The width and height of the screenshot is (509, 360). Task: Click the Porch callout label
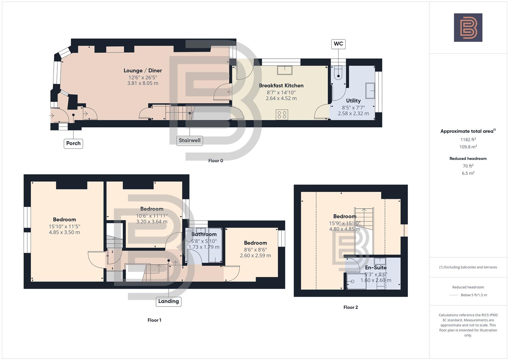tap(73, 143)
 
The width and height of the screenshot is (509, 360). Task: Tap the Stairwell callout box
tap(189, 140)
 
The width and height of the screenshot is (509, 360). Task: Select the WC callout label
tap(338, 44)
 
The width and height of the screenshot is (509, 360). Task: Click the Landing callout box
tap(168, 301)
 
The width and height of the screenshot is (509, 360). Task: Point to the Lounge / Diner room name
tap(143, 71)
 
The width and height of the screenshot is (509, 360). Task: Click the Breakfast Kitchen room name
tap(281, 86)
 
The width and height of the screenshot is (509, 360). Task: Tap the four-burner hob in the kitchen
tap(282, 115)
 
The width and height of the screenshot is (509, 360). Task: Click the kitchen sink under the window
tap(284, 70)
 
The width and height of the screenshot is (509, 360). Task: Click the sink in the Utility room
tap(370, 91)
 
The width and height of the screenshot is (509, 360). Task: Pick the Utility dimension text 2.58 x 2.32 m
tap(353, 114)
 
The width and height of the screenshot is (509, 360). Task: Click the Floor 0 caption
tap(216, 161)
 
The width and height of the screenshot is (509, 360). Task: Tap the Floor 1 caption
tap(154, 320)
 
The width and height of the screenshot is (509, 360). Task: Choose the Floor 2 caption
tap(351, 307)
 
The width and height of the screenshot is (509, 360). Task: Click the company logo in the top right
tap(468, 28)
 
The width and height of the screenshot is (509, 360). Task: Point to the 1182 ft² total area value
tap(468, 140)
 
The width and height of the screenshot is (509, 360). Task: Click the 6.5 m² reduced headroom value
tap(468, 173)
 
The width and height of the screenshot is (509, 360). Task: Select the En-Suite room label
tap(376, 268)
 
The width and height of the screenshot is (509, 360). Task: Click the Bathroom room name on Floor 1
tap(204, 234)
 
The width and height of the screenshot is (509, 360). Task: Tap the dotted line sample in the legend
tap(454, 295)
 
